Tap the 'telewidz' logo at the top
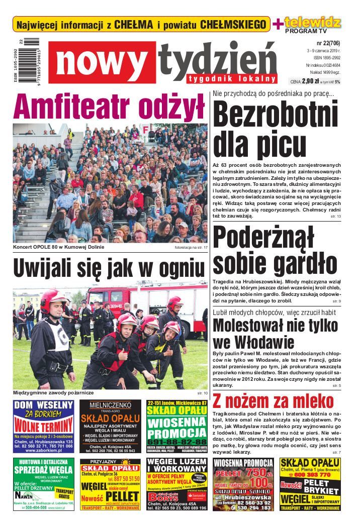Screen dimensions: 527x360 click(x=313, y=22)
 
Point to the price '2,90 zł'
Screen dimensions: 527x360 click(x=310, y=81)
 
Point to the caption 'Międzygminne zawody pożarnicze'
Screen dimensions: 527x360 click(x=54, y=392)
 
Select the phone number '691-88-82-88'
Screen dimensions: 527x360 click(x=177, y=441)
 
